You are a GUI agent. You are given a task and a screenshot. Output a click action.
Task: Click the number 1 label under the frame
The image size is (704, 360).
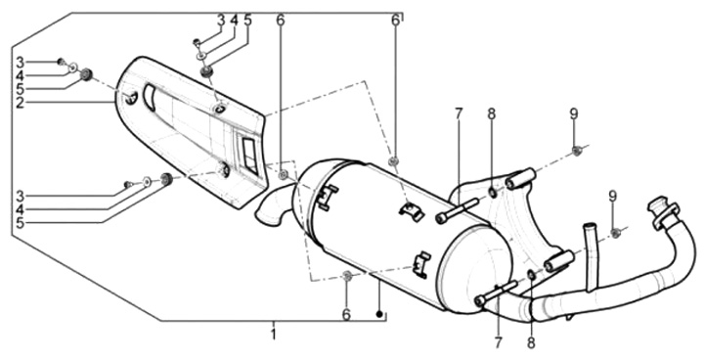(274, 335)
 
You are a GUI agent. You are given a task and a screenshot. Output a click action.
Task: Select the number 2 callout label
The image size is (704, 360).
(20, 103)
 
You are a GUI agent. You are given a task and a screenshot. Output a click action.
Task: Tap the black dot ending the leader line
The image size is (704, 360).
(379, 314)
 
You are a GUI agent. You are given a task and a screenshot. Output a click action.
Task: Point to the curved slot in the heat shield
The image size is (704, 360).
(149, 97)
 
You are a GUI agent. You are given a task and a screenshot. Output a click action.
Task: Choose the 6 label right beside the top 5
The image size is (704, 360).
(281, 20)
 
